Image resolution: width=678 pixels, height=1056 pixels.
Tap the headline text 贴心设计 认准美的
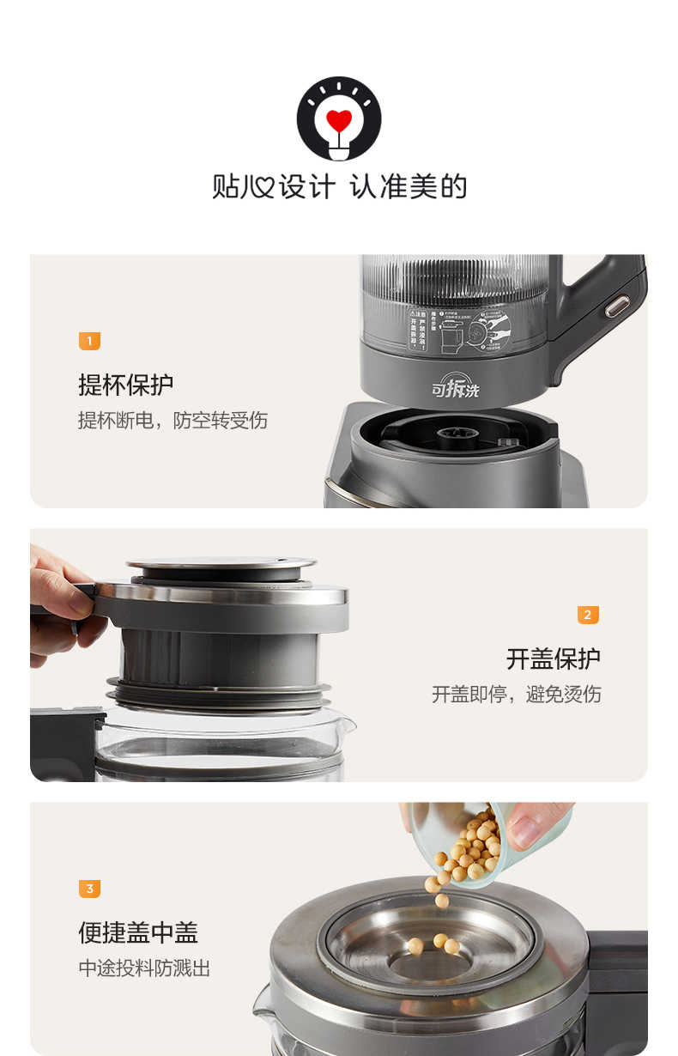tap(339, 186)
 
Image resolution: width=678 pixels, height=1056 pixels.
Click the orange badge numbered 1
tap(89, 342)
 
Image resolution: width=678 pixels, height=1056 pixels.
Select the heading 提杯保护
tap(125, 385)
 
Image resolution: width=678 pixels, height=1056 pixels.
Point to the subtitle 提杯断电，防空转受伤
tap(173, 421)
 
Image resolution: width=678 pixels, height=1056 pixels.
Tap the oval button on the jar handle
tap(617, 306)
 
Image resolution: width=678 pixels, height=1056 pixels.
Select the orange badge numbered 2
tap(588, 615)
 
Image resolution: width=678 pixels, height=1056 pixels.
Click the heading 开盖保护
tap(553, 658)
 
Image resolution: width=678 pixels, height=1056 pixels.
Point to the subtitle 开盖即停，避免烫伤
tap(516, 695)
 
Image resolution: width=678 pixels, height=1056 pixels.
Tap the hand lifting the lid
tap(56, 601)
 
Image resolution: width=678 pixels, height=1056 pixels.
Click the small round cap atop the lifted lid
tap(221, 566)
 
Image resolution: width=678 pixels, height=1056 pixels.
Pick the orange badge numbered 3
tap(89, 889)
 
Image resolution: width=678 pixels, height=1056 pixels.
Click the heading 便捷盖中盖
tap(138, 932)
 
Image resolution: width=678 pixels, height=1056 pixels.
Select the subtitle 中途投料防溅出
tap(144, 968)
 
